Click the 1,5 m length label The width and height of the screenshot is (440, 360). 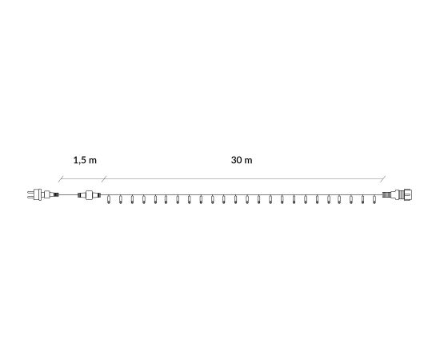(x=85, y=160)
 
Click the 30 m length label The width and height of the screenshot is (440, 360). (x=242, y=160)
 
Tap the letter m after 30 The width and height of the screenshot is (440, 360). (x=248, y=161)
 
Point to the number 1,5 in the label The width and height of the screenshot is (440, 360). (x=81, y=160)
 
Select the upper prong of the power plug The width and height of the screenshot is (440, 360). (x=30, y=192)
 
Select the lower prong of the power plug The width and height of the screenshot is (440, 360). (x=30, y=197)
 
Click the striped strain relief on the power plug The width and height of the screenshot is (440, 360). (x=55, y=194)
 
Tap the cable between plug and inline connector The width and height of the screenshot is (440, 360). (x=68, y=194)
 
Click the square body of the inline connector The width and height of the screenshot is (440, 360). (x=89, y=194)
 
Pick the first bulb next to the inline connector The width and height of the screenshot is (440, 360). (x=109, y=200)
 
